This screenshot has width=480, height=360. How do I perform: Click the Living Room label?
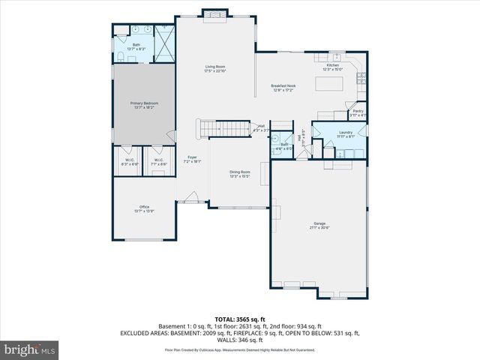pos(215,68)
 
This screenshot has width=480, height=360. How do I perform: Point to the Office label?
pos(144,208)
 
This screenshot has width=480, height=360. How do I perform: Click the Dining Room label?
pos(240,173)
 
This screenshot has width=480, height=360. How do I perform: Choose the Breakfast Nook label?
pos(283,88)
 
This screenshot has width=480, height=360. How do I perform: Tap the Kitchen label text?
pos(332,67)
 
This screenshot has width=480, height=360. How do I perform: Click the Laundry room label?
pos(345,133)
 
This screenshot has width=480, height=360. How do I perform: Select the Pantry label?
pos(358,112)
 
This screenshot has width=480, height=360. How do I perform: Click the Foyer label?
pos(192,159)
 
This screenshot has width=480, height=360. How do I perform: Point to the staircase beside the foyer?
pos(222,129)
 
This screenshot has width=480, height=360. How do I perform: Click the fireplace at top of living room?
pos(215,13)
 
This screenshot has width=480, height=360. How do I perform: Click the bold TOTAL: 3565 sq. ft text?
pos(240,319)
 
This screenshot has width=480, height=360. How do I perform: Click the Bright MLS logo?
pos(29,349)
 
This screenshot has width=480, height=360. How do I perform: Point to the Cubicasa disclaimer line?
pos(240,349)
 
